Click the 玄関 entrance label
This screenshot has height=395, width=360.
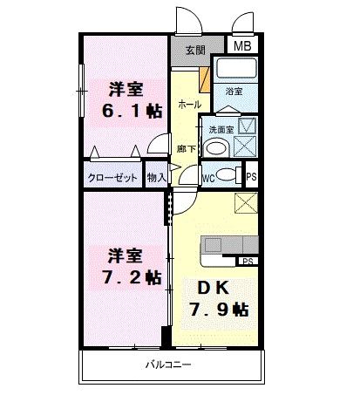pos(194,51)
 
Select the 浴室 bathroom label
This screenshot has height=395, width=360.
pos(234,91)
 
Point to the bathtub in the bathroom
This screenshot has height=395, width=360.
pos(235,71)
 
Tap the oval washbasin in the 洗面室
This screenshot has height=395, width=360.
pos(217,146)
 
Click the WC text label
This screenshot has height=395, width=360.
pos(208,179)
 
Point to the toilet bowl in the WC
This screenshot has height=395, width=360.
pos(227,174)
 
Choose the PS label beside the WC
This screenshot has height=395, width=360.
pos(252,177)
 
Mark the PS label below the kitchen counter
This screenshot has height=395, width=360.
pos(248,261)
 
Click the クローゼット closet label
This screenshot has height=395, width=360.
pos(114,178)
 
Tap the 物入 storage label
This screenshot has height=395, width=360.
pos(157,178)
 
